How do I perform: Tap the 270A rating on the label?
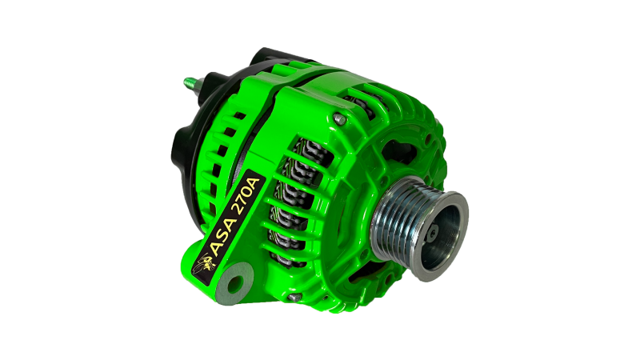click(246, 195)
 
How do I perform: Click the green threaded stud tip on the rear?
click(190, 82)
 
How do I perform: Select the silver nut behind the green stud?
click(200, 87)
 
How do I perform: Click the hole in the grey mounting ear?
click(235, 283)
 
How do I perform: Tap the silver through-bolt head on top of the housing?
click(339, 119)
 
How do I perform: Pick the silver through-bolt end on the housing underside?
click(294, 298)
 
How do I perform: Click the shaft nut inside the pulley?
click(432, 233)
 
